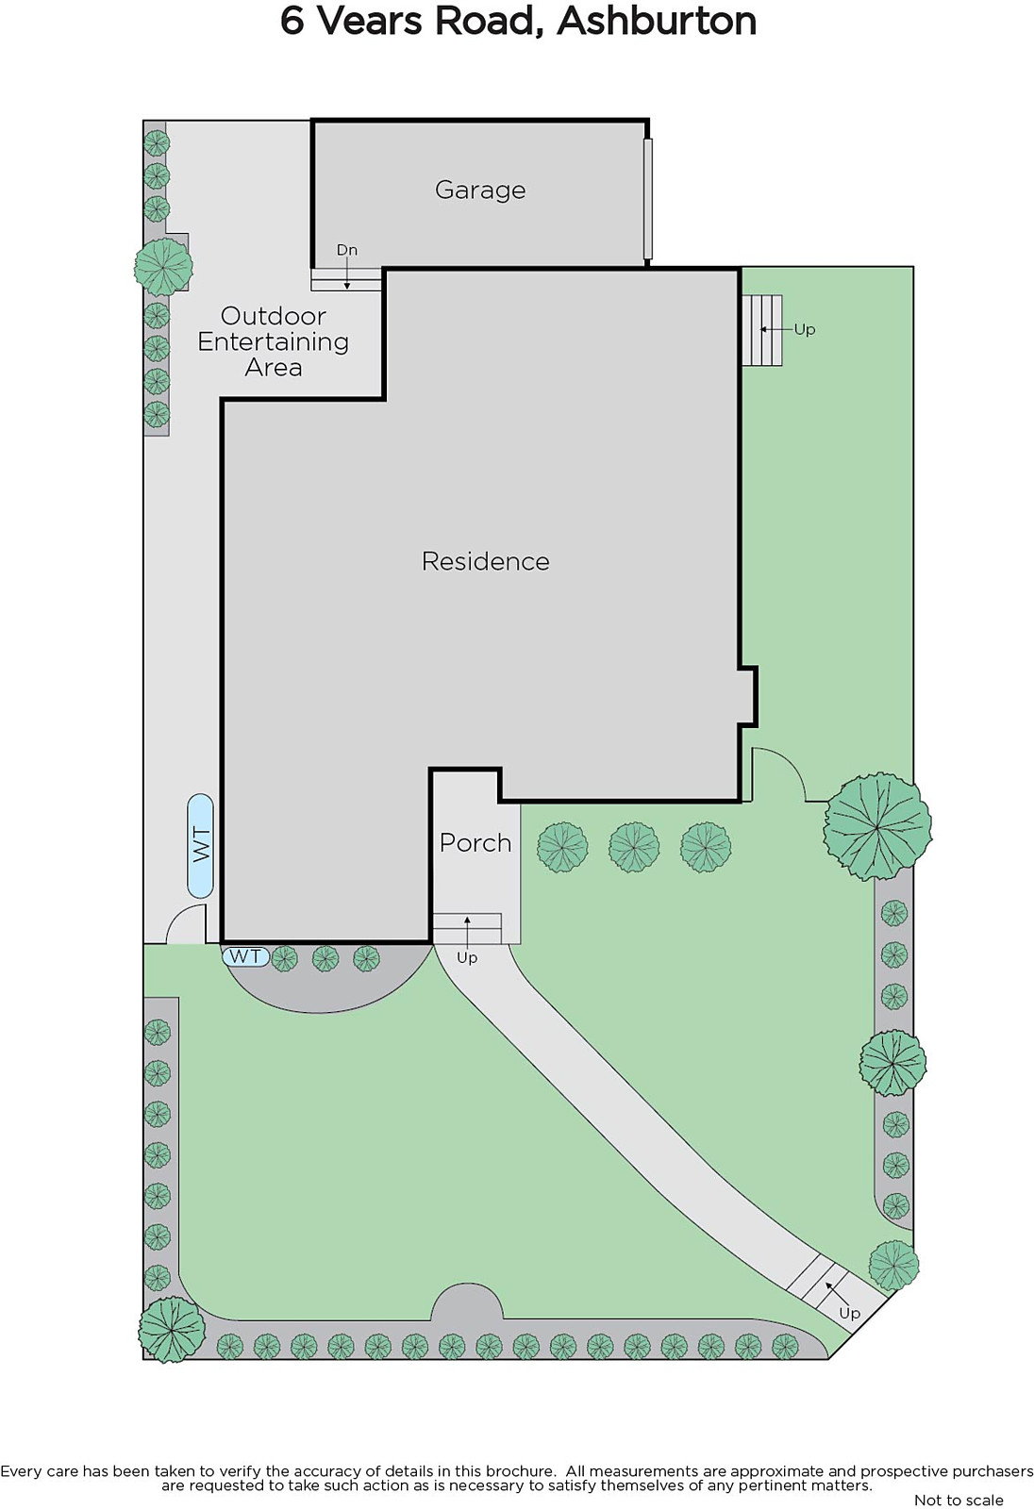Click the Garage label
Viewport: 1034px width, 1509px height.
pos(480,190)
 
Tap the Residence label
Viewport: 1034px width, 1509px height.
pos(485,561)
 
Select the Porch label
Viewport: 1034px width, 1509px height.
pos(475,843)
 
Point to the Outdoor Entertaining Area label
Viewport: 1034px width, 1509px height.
pos(273,341)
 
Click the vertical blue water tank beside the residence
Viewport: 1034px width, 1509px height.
pos(200,845)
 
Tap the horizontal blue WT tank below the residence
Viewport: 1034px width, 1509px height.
pos(246,956)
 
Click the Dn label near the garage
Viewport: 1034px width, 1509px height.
pos(346,250)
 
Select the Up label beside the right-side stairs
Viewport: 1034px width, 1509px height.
pos(805,329)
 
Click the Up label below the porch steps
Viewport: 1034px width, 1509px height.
pos(467,957)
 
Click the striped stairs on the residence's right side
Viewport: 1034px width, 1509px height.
pos(761,330)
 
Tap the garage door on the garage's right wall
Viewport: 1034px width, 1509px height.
pos(648,199)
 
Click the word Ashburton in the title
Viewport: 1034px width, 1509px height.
pos(657,22)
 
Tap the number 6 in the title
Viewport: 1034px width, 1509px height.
pos(292,22)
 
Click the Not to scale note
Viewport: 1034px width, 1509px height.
pos(959,1500)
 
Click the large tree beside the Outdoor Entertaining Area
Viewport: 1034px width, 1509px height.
pos(164,267)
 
